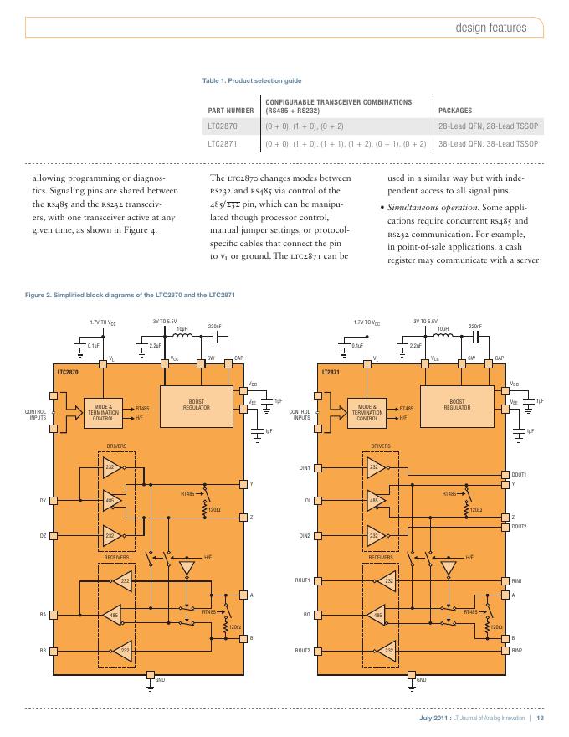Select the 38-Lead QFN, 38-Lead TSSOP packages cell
(x=490, y=144)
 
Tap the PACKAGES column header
(x=455, y=110)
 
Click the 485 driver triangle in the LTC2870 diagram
(x=110, y=500)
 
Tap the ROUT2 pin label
(x=302, y=650)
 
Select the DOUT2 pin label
(x=520, y=526)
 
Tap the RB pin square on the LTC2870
(x=54, y=650)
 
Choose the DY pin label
(x=43, y=501)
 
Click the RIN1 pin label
(x=517, y=580)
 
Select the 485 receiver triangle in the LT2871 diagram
(x=376, y=616)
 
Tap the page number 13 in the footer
(x=541, y=719)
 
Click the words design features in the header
(x=490, y=28)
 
